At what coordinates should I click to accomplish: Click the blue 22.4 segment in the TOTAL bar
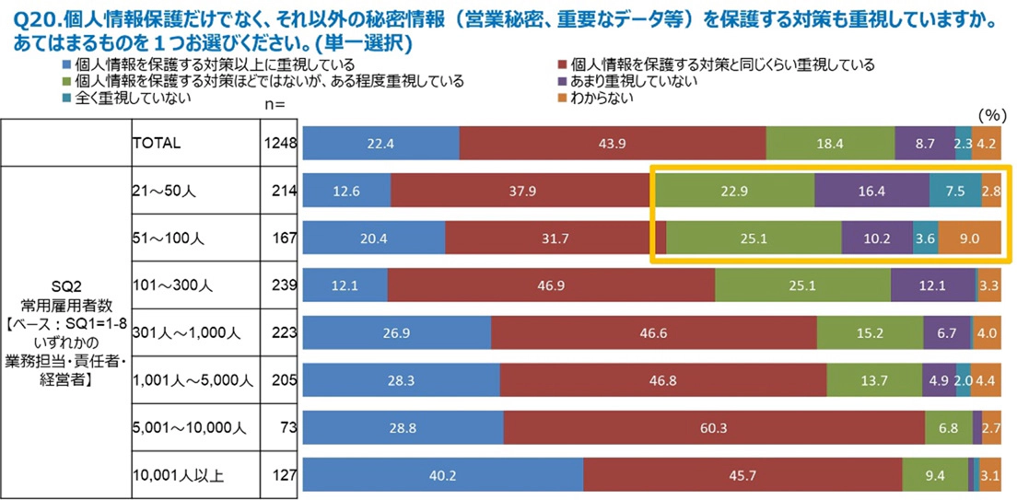click(380, 144)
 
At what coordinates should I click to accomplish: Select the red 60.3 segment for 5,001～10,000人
click(714, 428)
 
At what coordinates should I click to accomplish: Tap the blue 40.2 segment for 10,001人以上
click(442, 475)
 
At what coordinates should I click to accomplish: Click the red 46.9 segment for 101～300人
click(551, 285)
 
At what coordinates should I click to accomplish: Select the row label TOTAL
click(158, 144)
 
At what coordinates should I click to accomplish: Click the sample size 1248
click(280, 144)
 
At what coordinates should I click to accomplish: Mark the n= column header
click(275, 105)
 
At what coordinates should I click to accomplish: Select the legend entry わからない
click(602, 99)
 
